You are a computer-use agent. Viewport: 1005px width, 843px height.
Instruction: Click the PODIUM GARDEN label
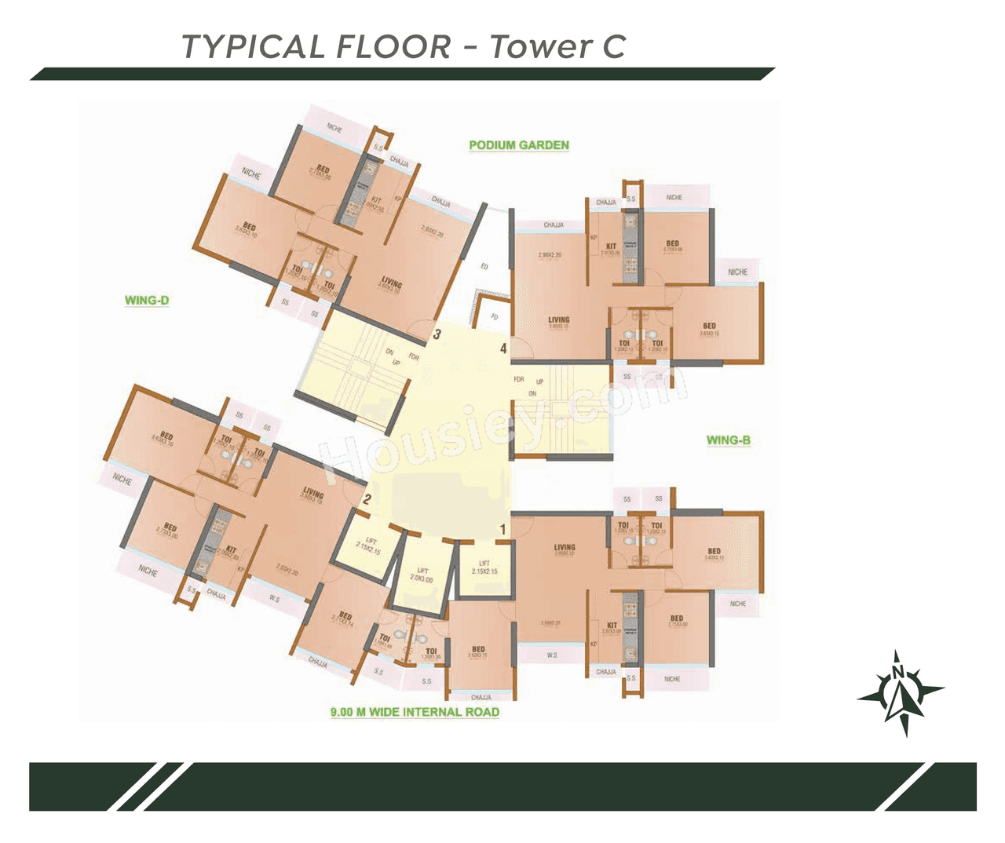518,145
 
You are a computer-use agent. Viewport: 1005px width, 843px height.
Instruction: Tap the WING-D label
147,300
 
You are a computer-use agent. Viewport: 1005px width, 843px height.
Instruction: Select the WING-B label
728,440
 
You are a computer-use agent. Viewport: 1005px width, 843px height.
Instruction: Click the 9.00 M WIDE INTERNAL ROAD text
415,712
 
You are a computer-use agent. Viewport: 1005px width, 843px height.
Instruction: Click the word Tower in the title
540,46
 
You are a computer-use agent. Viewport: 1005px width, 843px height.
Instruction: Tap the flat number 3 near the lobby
437,334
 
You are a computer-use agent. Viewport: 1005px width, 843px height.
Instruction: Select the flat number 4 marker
503,349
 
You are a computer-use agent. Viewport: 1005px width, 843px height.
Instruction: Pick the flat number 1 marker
503,530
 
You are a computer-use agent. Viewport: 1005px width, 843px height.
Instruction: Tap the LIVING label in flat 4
559,320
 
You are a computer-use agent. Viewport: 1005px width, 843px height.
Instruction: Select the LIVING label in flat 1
565,547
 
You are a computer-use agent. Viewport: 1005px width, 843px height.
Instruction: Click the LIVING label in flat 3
391,282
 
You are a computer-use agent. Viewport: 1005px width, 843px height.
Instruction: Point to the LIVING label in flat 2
313,493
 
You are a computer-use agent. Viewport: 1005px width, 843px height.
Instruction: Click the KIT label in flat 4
611,246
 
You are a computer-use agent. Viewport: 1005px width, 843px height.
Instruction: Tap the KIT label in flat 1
612,626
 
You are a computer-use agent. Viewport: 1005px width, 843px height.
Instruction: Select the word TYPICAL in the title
251,46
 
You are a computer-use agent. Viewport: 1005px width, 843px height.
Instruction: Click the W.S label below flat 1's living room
552,655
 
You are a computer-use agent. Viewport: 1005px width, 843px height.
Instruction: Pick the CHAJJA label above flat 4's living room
554,225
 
